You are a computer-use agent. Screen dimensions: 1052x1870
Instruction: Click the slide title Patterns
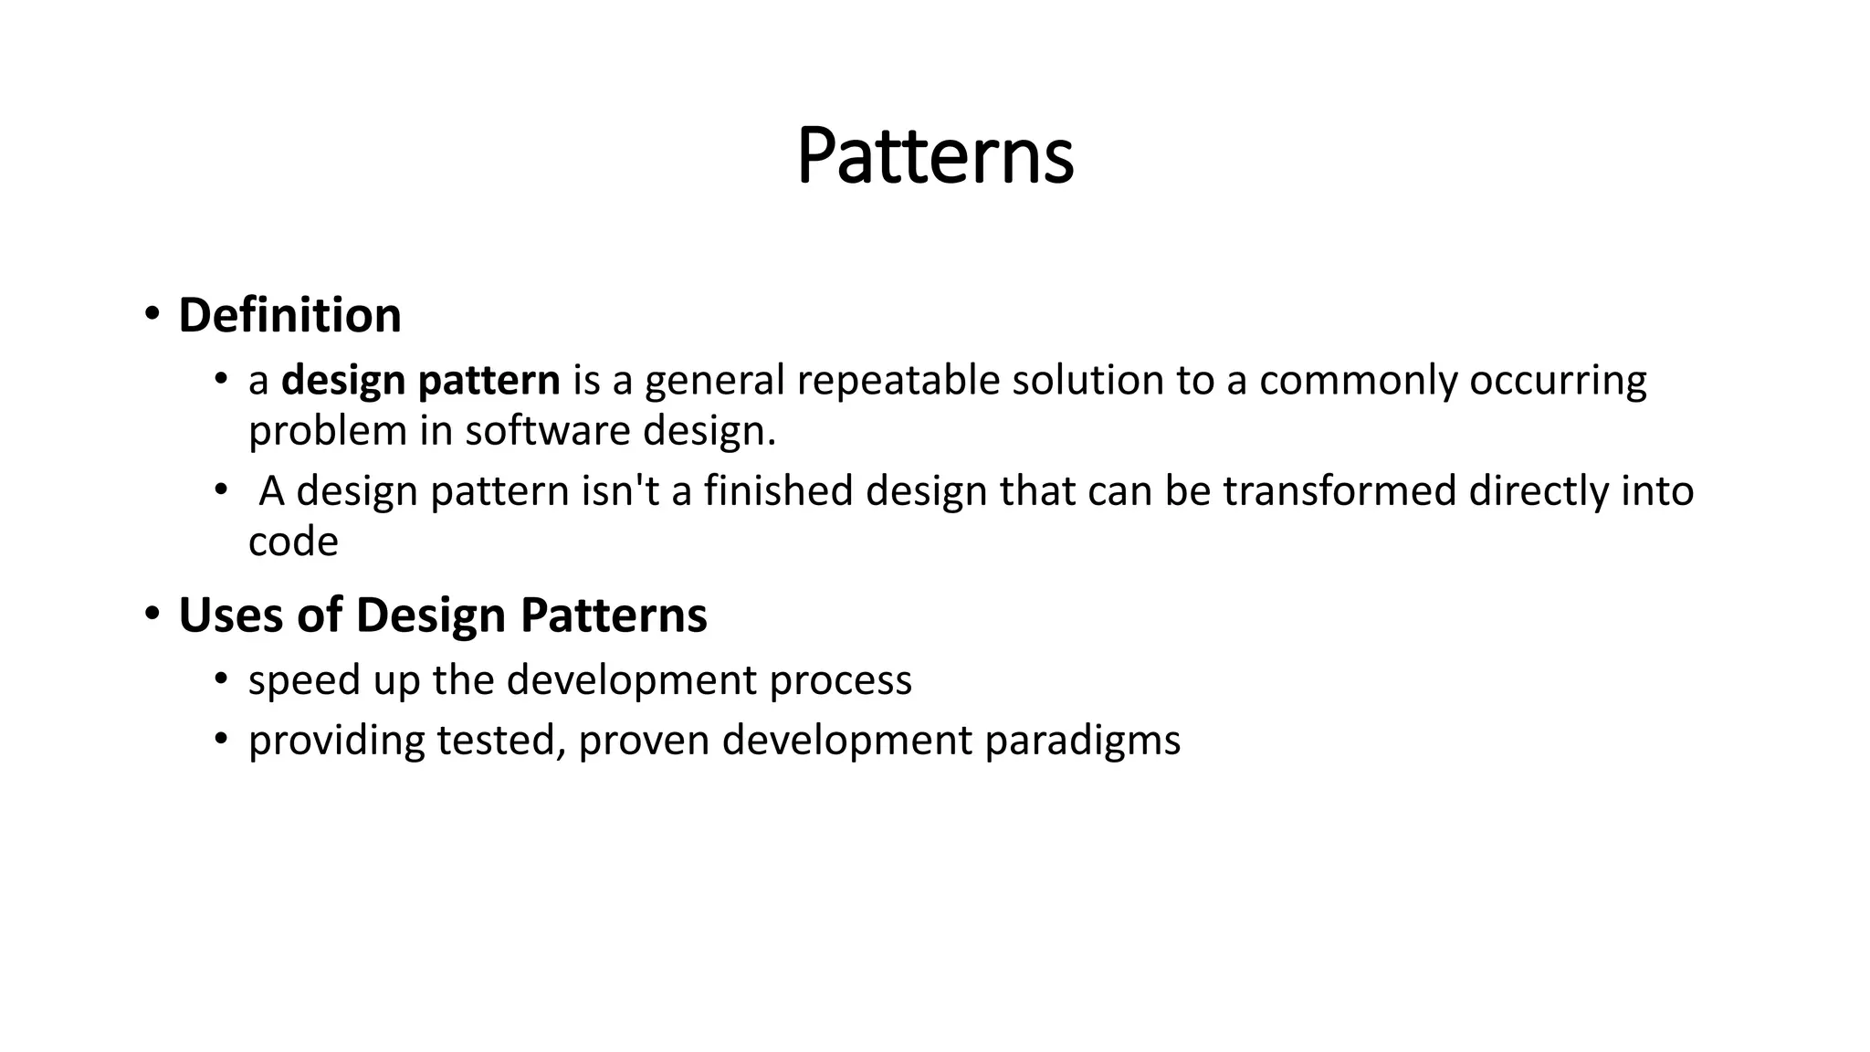point(935,156)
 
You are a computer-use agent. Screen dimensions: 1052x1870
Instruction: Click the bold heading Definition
point(289,315)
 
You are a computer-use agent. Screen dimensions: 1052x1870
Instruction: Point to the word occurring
point(1558,381)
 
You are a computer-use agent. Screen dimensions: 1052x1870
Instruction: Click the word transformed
point(1339,491)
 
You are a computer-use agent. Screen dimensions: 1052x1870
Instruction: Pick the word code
point(293,542)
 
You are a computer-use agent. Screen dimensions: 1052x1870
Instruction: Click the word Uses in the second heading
point(231,615)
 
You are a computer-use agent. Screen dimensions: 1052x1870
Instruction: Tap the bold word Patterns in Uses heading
point(614,615)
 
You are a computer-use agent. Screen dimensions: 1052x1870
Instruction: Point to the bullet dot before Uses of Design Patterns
point(152,614)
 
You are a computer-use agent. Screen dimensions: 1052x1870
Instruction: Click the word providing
point(336,741)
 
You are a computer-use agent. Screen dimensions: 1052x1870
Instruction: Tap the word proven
point(644,741)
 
